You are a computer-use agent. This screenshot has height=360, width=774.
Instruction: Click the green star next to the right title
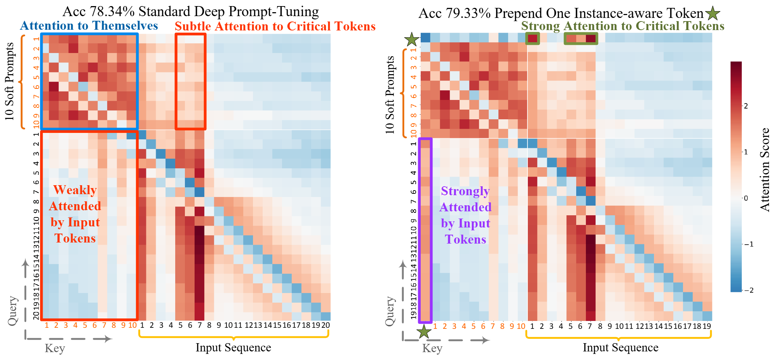[713, 13]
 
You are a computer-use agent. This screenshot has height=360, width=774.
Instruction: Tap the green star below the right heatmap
[424, 331]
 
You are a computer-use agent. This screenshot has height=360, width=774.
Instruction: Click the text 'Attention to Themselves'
[89, 26]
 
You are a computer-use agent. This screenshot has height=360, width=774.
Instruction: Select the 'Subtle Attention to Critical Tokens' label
[275, 27]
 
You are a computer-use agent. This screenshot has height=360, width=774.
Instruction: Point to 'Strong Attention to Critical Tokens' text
[622, 26]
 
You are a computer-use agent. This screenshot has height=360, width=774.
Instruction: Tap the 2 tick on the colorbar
[746, 106]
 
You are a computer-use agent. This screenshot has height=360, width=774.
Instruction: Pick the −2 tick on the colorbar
[749, 290]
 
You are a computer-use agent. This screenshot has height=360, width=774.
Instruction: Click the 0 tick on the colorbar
[746, 198]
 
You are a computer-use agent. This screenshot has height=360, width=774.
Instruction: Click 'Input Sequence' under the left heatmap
[233, 347]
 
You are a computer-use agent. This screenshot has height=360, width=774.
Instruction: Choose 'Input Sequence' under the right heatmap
[620, 347]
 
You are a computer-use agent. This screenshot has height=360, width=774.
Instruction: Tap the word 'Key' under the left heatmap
[55, 348]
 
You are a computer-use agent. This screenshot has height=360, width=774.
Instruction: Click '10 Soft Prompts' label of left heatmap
[10, 81]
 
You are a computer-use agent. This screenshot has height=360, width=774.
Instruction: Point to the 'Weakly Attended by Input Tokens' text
[75, 214]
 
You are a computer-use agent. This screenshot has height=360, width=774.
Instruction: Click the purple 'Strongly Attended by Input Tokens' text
[465, 215]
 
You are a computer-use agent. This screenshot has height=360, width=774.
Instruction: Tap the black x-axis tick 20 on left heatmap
[325, 325]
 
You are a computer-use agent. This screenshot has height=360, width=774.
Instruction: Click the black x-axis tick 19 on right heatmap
[707, 326]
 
